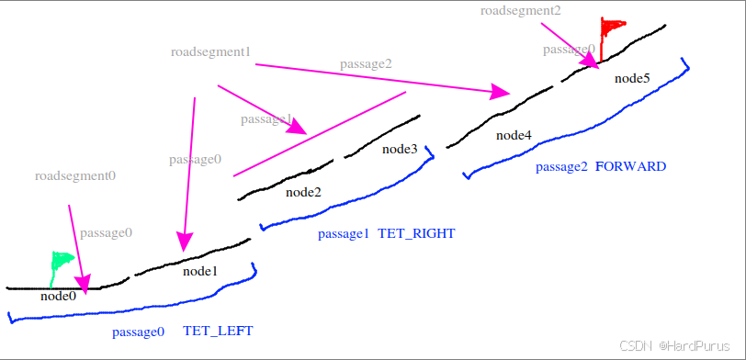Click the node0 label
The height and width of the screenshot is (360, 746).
point(58,296)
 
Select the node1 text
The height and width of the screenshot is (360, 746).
point(199,271)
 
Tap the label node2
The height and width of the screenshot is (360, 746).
point(303,192)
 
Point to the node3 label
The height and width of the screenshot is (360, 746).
point(400,149)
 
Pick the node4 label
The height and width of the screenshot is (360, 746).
point(514,135)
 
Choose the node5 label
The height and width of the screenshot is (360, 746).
point(632,78)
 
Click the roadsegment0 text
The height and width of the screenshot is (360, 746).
point(75,174)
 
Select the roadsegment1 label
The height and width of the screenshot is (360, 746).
point(210,51)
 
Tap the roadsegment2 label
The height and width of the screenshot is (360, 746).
point(520,10)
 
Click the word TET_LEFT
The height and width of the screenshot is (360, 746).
point(218,331)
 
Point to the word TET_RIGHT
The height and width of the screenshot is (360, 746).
point(416,233)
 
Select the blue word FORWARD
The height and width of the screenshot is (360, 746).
point(630,166)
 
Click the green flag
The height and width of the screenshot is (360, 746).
point(61,263)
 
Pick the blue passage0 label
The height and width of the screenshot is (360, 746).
point(138,331)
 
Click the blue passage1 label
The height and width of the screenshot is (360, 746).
point(344,233)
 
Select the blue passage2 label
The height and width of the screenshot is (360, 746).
point(561,166)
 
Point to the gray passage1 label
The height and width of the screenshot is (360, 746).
point(266,119)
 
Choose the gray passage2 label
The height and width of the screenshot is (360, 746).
point(366,63)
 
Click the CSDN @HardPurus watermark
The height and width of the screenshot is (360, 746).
point(679,346)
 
